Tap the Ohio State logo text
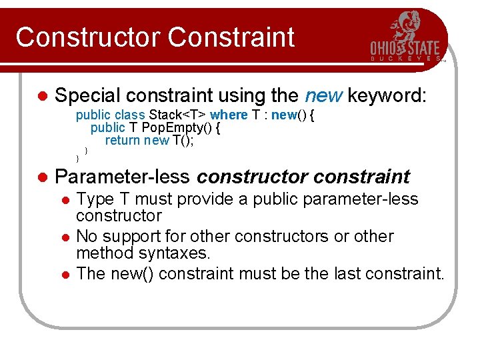(x=405, y=49)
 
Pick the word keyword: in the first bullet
(x=386, y=96)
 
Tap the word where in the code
(x=229, y=115)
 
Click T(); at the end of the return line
(x=183, y=140)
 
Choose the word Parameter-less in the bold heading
(x=123, y=177)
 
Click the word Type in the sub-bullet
(x=95, y=199)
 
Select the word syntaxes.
(x=174, y=253)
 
